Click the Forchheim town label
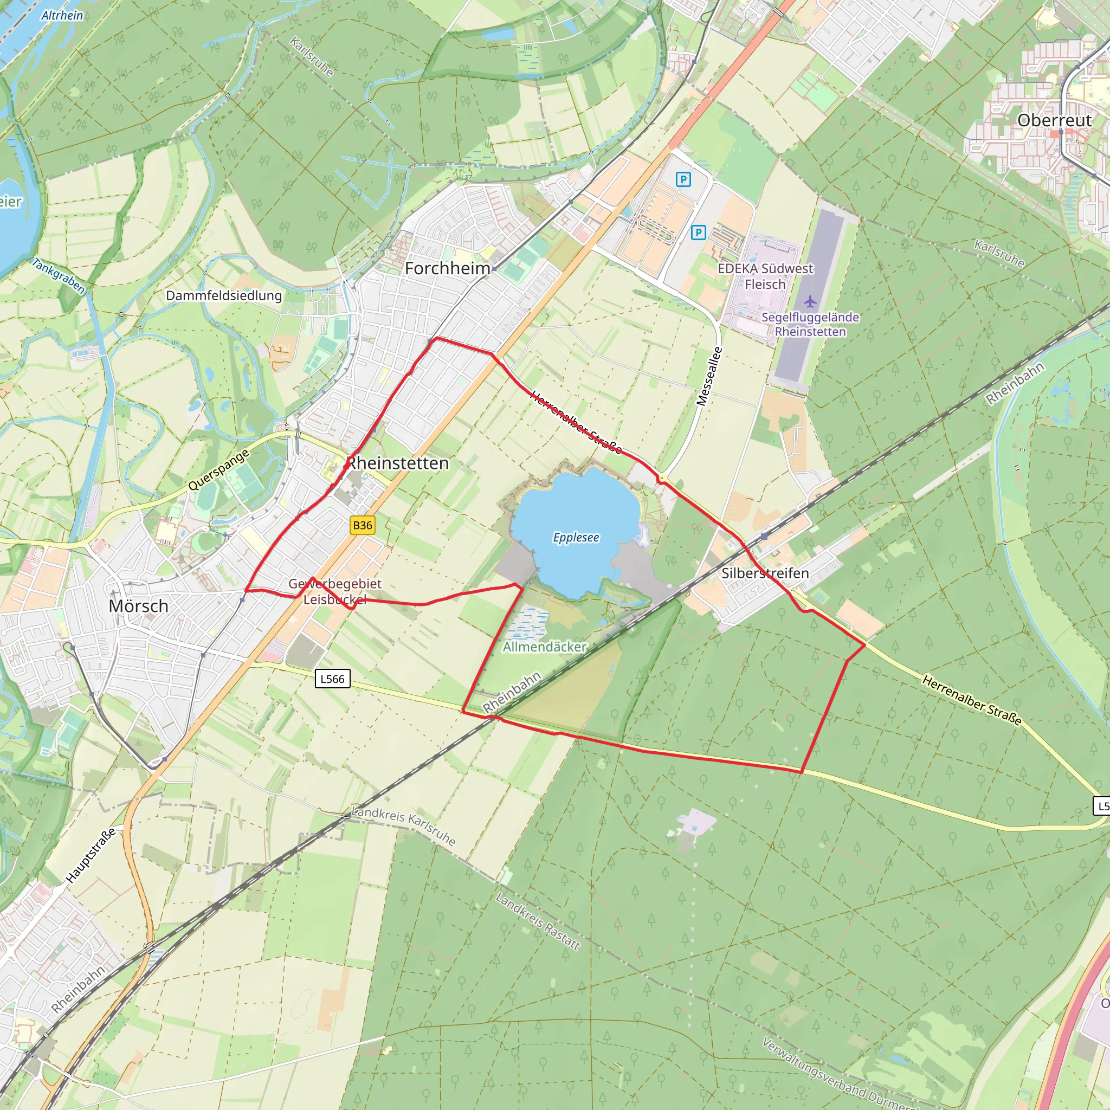click(x=447, y=268)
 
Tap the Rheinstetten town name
click(x=398, y=463)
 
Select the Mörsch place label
click(x=138, y=605)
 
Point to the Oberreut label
click(x=1054, y=120)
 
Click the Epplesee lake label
click(x=576, y=537)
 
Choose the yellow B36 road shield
click(x=363, y=525)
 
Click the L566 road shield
click(x=332, y=679)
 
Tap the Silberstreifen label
click(x=765, y=573)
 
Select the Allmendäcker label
click(x=545, y=647)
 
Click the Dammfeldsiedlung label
click(x=224, y=295)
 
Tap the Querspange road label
click(x=219, y=469)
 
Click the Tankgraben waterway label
click(x=59, y=276)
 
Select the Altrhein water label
click(x=62, y=16)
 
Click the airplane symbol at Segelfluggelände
click(x=810, y=301)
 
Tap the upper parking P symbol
click(x=682, y=180)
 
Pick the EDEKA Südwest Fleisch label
click(x=765, y=276)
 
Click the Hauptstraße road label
click(x=91, y=855)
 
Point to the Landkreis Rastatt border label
click(x=538, y=921)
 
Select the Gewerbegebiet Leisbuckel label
click(x=335, y=591)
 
